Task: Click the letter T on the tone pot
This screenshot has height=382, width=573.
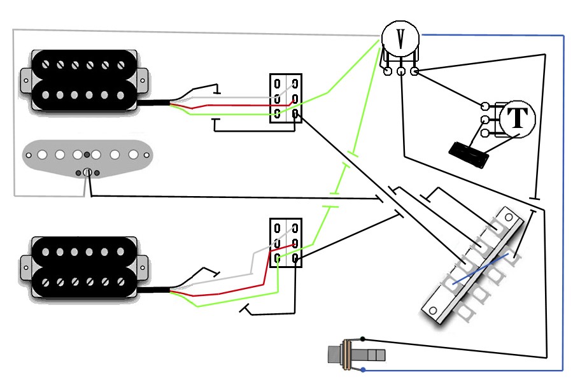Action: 518,118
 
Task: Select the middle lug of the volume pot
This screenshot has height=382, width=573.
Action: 401,71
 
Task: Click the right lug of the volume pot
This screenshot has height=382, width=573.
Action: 414,71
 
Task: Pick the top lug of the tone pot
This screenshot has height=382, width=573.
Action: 485,106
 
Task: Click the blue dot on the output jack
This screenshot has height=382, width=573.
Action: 363,370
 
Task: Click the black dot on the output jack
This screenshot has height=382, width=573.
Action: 362,339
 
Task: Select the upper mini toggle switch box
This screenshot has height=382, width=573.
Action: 286,98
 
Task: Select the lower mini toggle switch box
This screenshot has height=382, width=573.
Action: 286,243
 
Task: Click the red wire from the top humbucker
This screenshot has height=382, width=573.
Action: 234,105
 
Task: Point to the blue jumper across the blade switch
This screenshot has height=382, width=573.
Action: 480,269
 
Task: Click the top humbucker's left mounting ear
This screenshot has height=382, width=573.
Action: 25,80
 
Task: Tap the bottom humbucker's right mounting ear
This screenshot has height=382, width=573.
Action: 143,267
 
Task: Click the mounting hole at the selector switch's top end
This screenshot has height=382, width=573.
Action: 509,218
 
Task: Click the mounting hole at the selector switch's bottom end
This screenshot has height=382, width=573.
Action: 433,311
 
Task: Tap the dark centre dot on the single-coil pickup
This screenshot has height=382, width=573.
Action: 87,155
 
